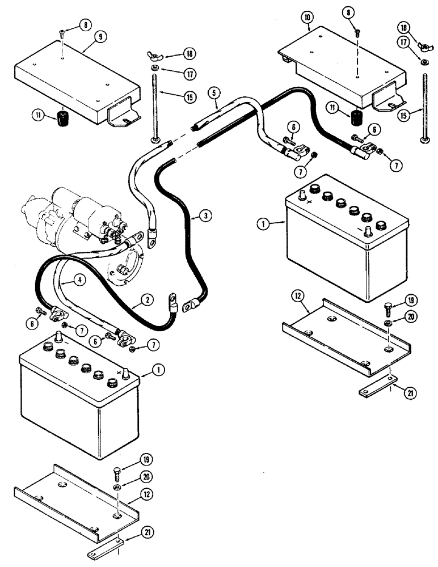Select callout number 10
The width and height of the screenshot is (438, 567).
pos(306,18)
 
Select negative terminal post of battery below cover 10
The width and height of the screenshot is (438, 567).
pos(369,231)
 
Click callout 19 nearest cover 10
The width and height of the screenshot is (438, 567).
pos(411,301)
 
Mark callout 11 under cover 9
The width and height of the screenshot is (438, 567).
pos(38,118)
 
